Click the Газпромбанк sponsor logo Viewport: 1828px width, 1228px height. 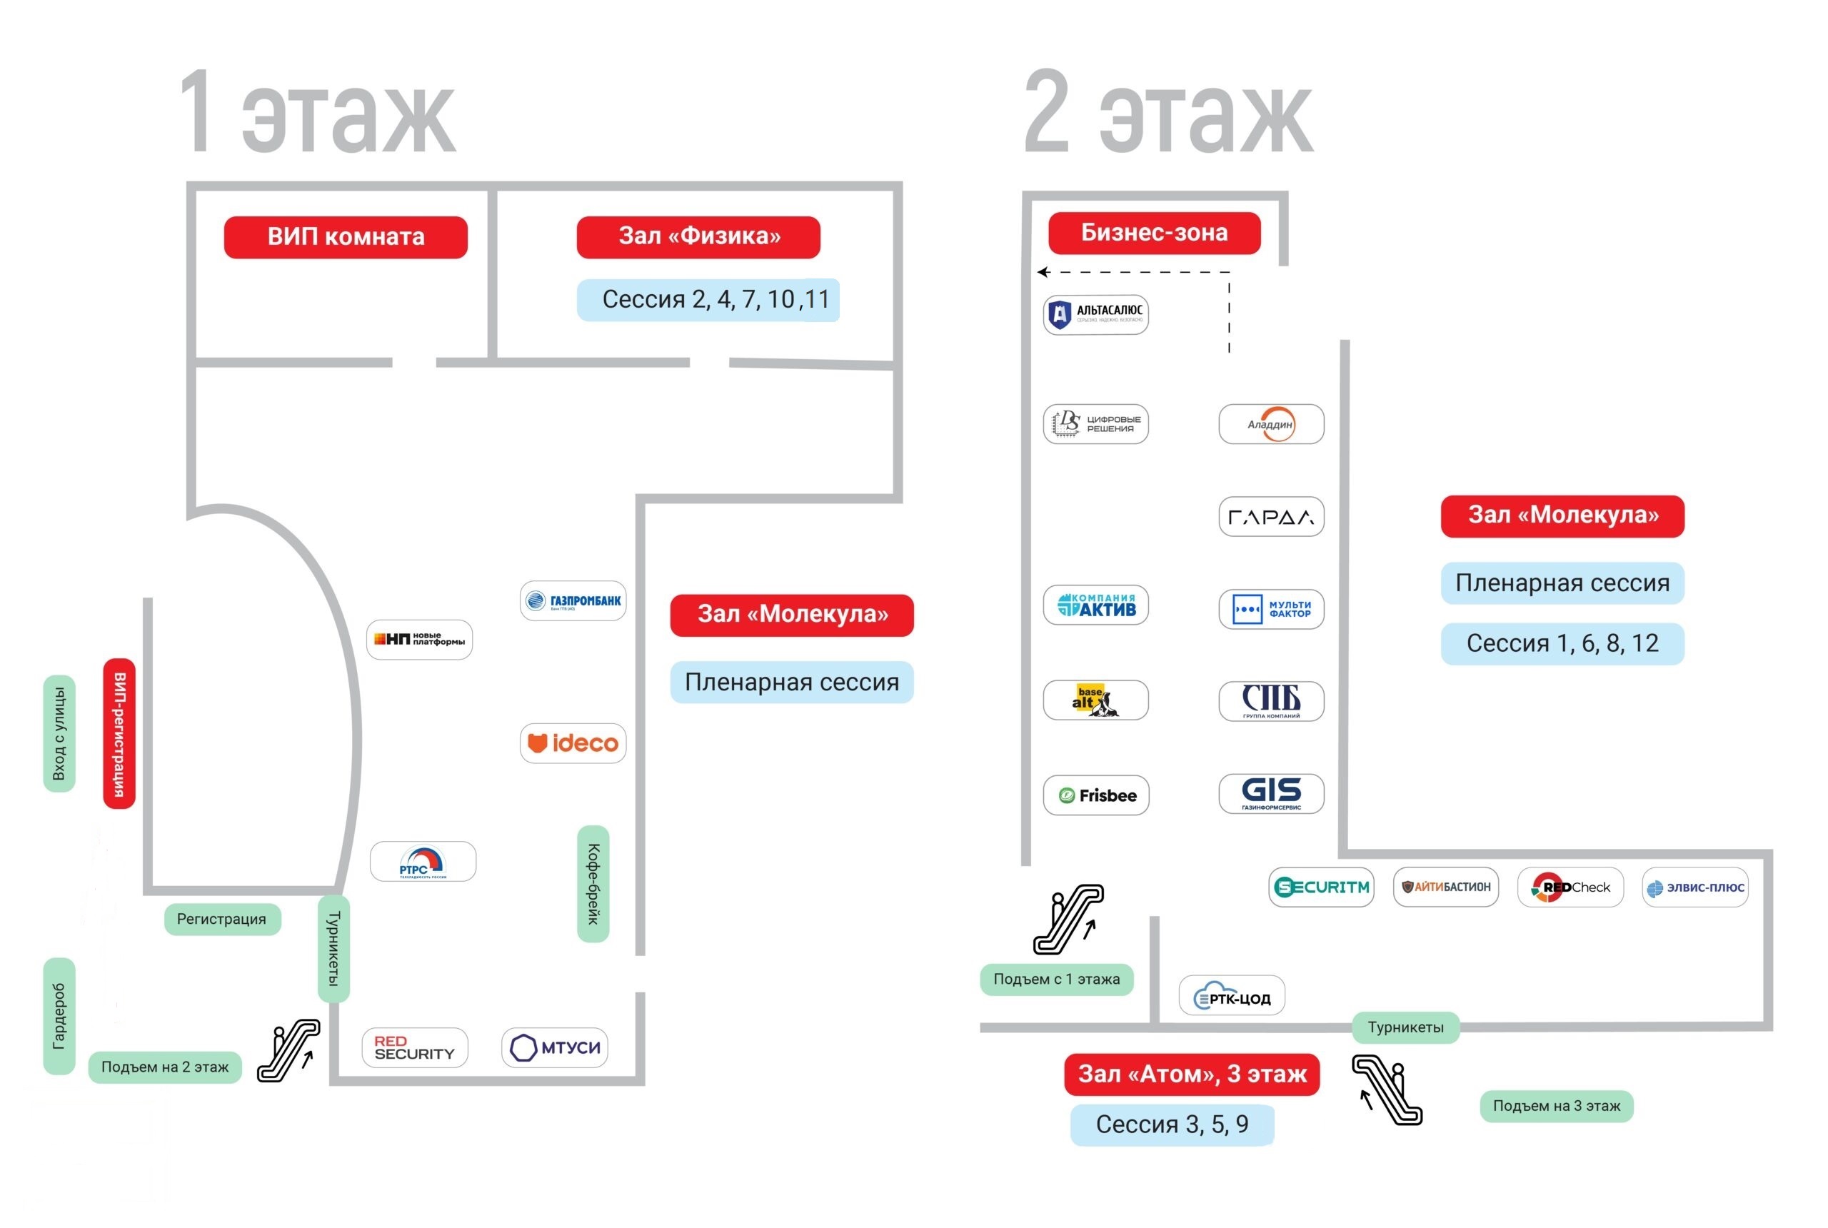573,600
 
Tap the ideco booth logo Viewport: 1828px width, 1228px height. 573,743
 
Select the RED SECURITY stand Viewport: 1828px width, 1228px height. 414,1047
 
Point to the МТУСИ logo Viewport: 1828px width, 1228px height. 555,1047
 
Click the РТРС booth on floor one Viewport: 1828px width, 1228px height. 422,862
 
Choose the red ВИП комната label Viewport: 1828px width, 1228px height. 346,236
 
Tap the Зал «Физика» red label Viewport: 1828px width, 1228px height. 698,236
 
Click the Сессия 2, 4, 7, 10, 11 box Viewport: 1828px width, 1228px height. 708,299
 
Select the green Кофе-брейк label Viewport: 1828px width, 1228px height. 593,883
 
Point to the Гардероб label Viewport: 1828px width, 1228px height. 59,1016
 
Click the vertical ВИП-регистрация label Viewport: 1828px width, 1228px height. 119,733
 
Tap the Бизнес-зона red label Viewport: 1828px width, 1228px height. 1154,233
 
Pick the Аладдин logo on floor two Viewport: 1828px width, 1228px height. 1270,423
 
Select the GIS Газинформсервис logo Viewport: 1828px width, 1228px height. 1270,793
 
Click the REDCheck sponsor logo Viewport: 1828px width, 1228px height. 1570,887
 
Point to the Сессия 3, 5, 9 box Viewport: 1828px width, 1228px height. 1172,1124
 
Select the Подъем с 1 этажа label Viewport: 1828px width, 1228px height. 1056,979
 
